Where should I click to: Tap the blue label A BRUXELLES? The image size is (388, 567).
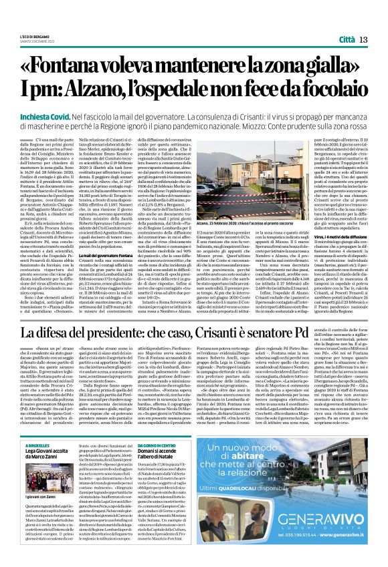[x=38, y=443]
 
